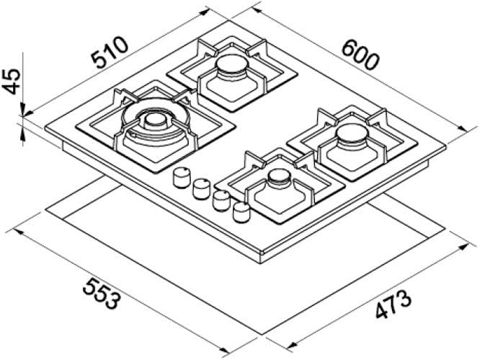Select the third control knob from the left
tap(221, 198)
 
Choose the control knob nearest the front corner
tap(241, 210)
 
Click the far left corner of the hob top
tap(45, 130)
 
